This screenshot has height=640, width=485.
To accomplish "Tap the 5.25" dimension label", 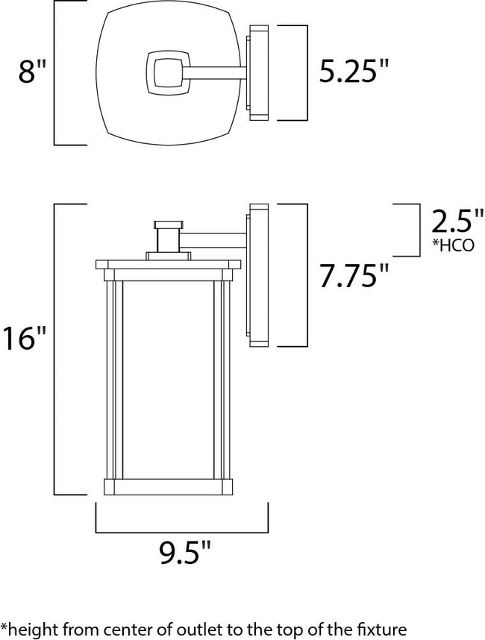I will (x=354, y=73).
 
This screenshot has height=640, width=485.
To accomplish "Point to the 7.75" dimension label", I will (x=354, y=276).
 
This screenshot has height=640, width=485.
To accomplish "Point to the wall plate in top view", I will (x=258, y=73).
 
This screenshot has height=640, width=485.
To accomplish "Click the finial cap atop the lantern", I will (x=168, y=224).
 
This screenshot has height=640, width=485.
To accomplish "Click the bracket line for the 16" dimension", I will (x=55, y=348).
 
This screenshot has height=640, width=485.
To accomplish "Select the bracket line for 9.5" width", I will (x=182, y=531).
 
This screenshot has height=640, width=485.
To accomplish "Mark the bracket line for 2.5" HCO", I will (x=415, y=229).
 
